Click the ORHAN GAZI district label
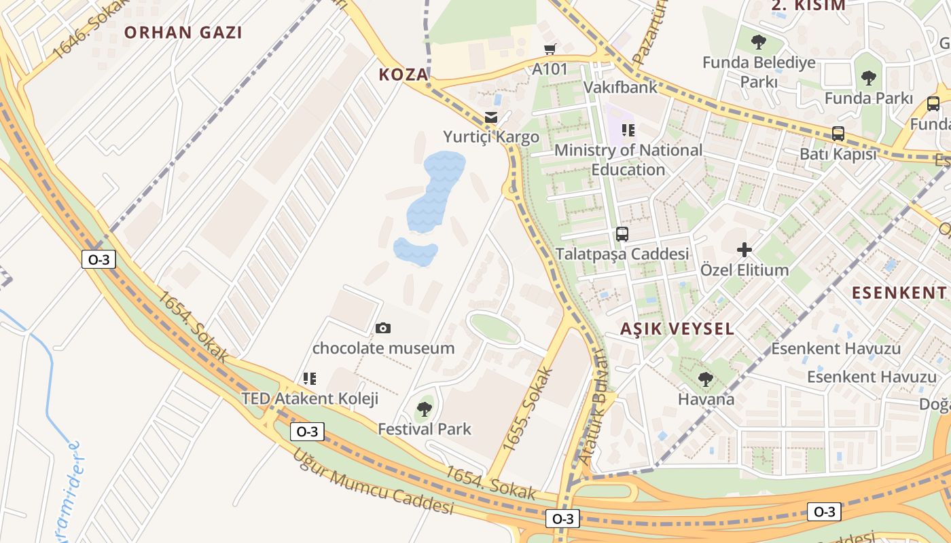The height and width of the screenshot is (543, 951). pos(183,33)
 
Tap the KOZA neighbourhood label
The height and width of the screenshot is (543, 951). pos(403,75)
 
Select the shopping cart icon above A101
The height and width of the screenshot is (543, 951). pos(550,49)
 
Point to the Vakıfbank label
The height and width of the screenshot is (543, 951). pos(621,88)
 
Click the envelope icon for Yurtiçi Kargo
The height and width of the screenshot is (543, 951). pos(491,117)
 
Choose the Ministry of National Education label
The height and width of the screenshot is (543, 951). pos(628,160)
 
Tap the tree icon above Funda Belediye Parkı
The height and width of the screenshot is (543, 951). pos(759,42)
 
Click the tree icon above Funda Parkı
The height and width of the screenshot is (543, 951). pos(868,77)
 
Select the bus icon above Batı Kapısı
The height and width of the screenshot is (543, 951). pos(838,134)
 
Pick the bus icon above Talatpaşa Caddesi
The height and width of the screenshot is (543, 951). pos(622,234)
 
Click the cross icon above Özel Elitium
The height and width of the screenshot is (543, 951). pos(744,250)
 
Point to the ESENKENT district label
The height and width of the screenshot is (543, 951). pos(899,293)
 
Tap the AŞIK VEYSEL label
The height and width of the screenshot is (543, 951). pos(677,329)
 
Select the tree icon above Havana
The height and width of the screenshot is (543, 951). pos(706,379)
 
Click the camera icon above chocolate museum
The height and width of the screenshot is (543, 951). pos(383,329)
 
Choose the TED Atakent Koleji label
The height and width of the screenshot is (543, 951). pos(310,398)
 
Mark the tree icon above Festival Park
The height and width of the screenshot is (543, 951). pos(425,409)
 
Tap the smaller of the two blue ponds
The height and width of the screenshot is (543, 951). pos(415,252)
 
